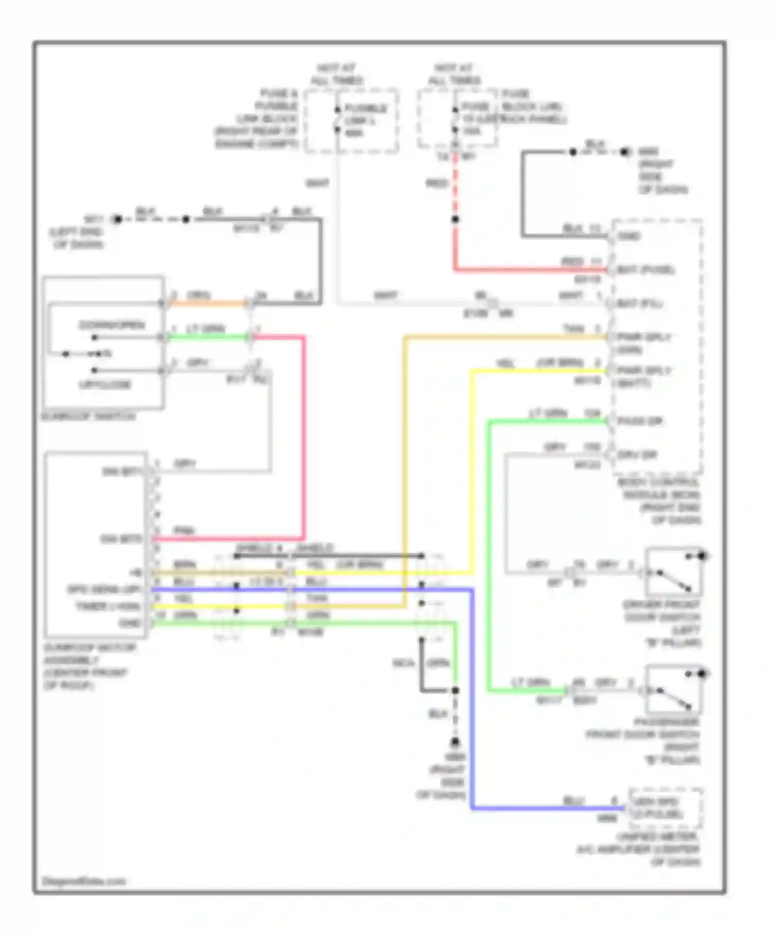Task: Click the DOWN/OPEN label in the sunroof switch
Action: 112,325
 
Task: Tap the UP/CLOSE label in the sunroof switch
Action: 105,385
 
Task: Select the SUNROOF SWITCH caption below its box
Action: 89,416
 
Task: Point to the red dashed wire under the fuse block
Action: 455,186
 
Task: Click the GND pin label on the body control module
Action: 629,237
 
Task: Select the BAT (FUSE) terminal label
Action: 645,270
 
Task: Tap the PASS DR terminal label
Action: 640,422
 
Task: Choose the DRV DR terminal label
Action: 637,455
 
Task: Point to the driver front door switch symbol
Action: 673,573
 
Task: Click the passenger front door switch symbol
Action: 673,690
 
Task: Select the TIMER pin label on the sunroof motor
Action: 108,607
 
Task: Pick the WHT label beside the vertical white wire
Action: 317,183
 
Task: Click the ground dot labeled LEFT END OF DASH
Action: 117,220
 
